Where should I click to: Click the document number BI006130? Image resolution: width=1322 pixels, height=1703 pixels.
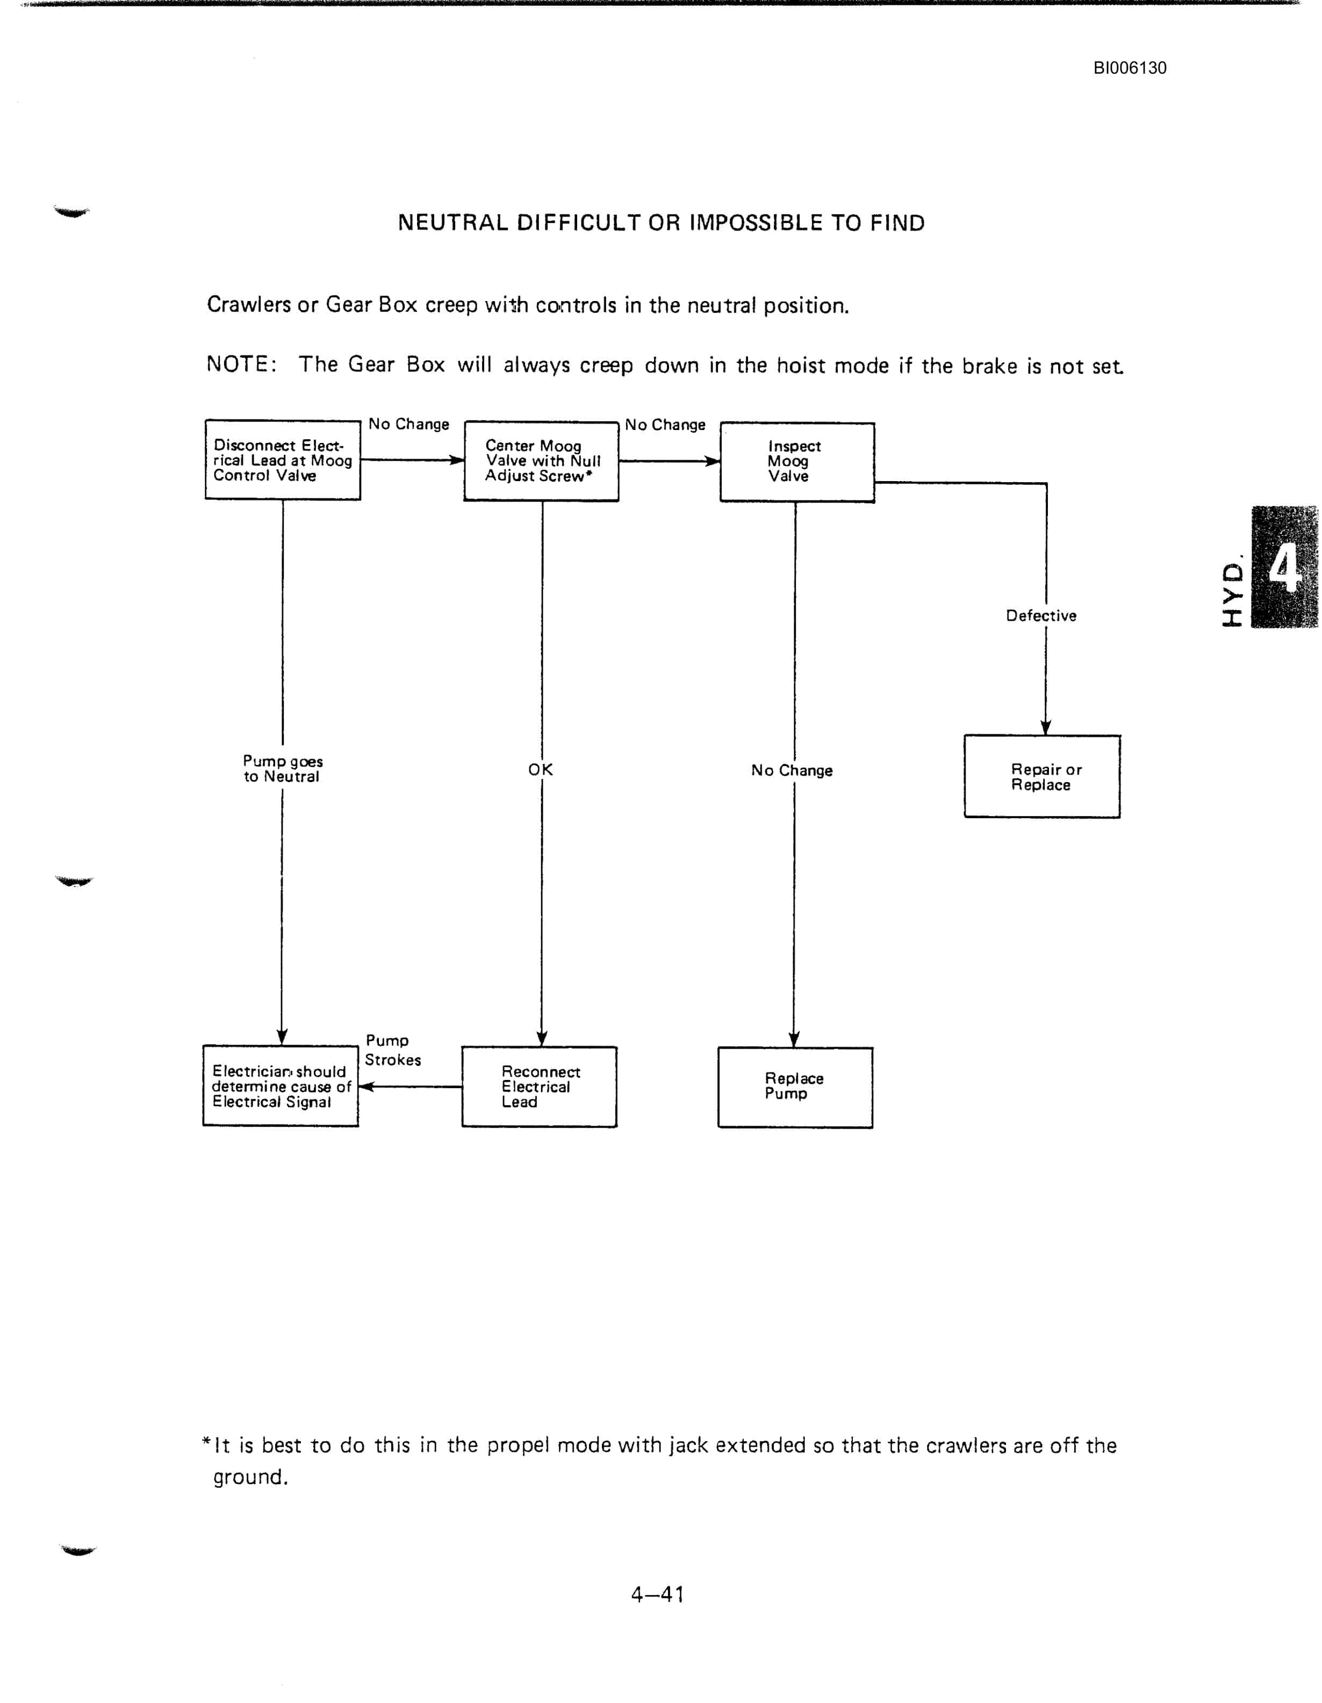pyautogui.click(x=1130, y=68)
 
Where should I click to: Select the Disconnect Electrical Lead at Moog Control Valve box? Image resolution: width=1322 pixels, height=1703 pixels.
pyautogui.click(x=283, y=460)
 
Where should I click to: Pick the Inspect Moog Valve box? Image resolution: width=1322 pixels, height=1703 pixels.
pyautogui.click(x=796, y=462)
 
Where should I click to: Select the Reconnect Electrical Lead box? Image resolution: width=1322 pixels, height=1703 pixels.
pyautogui.click(x=540, y=1086)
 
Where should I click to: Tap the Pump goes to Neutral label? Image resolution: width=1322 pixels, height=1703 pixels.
pyautogui.click(x=282, y=768)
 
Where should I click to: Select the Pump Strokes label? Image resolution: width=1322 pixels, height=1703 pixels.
pyautogui.click(x=393, y=1049)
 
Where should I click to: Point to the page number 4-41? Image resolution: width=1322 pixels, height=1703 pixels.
pyautogui.click(x=657, y=1594)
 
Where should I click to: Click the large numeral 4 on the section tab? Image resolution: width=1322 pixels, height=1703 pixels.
pyautogui.click(x=1284, y=567)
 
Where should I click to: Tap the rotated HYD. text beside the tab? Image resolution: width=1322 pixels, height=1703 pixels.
pyautogui.click(x=1232, y=592)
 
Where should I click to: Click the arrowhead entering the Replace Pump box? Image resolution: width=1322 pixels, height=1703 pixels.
pyautogui.click(x=794, y=1040)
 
